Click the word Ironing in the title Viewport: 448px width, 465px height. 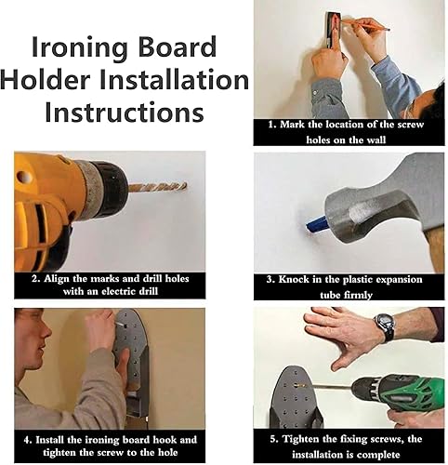click(x=80, y=47)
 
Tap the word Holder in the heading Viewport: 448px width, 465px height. click(x=46, y=80)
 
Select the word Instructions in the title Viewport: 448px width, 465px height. click(x=125, y=113)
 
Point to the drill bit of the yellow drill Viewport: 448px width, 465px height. click(x=157, y=187)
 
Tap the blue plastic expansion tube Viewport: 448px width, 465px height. click(x=316, y=224)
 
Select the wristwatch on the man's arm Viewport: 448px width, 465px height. click(x=386, y=326)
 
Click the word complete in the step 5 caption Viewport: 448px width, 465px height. click(x=376, y=455)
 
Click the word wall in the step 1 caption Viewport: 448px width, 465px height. click(x=376, y=139)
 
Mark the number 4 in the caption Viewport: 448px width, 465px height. click(x=27, y=440)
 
